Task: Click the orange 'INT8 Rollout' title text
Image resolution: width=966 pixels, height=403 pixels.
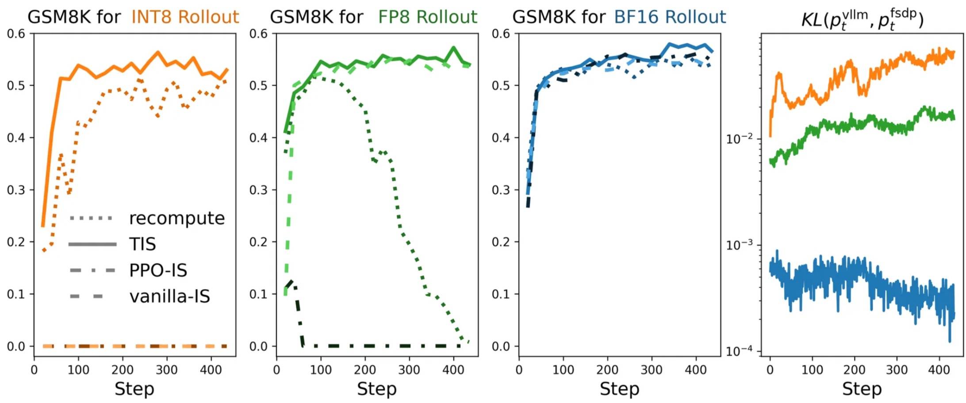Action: point(185,17)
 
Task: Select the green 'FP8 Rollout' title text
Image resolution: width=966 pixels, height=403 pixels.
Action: point(427,17)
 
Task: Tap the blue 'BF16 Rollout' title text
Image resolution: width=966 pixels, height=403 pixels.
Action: point(670,17)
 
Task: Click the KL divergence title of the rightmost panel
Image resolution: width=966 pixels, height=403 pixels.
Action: point(862,20)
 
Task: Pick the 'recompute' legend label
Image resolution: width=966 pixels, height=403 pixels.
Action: point(177,218)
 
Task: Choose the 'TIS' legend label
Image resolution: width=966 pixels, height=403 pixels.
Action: point(142,244)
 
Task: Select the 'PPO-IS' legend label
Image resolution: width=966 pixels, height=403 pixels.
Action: point(158,270)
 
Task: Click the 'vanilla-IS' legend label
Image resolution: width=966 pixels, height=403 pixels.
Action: point(169,296)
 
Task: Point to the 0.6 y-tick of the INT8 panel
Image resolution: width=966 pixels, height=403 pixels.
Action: point(16,34)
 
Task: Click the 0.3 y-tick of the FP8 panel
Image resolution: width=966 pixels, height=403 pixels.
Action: point(258,190)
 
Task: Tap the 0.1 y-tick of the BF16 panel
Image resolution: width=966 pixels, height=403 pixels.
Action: point(501,294)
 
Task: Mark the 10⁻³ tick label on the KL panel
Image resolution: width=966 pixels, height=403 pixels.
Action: point(739,245)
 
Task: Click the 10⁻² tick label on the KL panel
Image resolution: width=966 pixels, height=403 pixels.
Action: point(739,139)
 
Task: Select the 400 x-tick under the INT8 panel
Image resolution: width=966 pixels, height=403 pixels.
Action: point(211,369)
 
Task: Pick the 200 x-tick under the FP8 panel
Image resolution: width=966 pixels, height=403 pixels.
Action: point(365,369)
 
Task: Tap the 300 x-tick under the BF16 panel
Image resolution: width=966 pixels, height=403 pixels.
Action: point(652,369)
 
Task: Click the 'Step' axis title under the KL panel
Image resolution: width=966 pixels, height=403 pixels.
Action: point(862,389)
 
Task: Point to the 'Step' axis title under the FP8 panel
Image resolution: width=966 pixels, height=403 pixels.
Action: point(377,389)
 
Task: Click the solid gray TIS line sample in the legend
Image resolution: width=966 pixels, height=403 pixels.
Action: point(92,244)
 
